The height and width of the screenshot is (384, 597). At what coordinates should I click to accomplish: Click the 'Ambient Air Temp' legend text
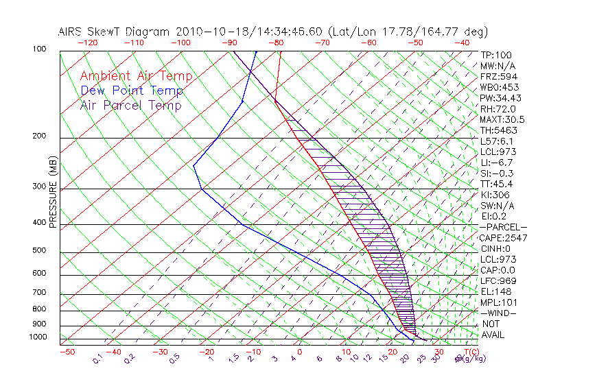(x=136, y=76)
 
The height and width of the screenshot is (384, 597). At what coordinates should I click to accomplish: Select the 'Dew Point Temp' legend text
(x=132, y=91)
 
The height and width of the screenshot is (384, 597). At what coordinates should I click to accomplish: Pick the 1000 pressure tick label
(x=38, y=337)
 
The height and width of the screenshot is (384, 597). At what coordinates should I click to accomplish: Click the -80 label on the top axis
(x=276, y=43)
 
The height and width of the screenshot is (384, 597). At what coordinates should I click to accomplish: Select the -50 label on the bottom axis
(x=67, y=352)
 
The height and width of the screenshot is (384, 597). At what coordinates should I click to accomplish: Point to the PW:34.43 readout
(x=501, y=98)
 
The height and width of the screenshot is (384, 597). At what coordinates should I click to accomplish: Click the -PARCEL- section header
(x=503, y=227)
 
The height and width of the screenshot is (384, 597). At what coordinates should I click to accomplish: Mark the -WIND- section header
(x=499, y=313)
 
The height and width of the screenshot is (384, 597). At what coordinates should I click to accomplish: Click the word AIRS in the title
(x=71, y=32)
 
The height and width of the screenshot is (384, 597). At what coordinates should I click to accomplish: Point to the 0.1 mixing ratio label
(x=97, y=358)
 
